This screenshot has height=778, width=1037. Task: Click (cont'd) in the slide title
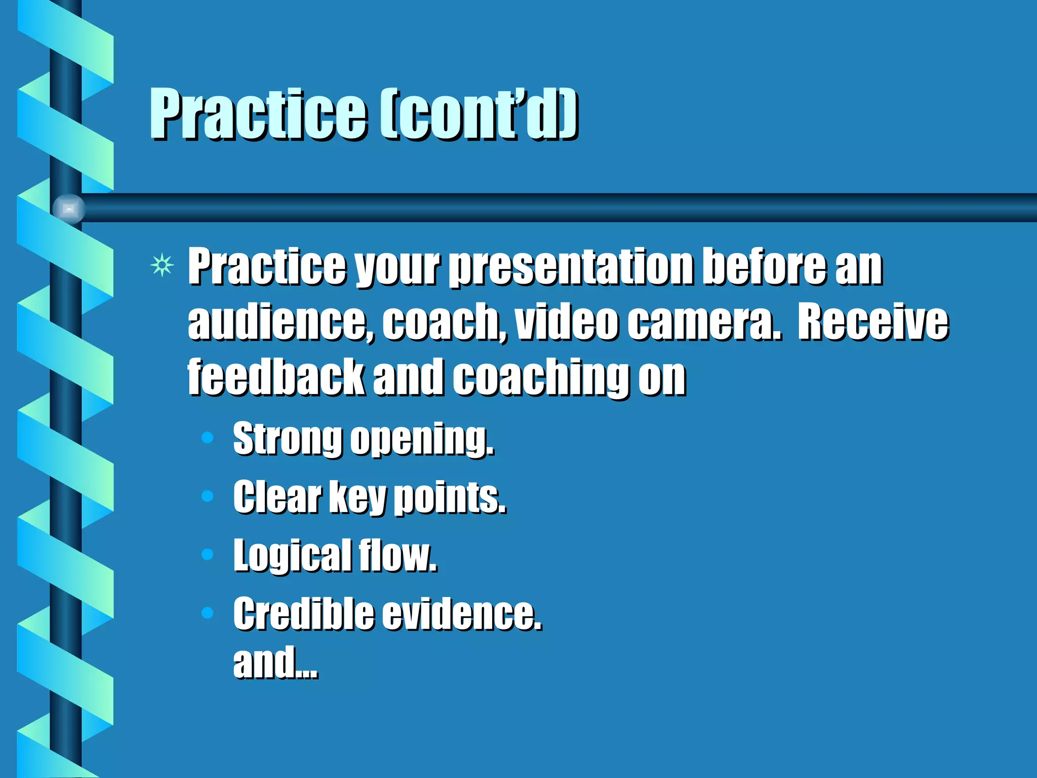point(478,114)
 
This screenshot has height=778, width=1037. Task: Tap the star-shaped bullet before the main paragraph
point(162,265)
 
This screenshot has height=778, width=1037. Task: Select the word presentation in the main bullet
point(572,267)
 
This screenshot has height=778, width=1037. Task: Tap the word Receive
point(872,322)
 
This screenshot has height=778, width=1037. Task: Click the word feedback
point(276,377)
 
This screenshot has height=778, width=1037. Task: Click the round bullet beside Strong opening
point(207,438)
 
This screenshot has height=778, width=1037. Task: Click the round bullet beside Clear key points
point(207,496)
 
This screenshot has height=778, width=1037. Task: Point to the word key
point(357,498)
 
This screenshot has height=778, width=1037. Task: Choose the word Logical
point(292,557)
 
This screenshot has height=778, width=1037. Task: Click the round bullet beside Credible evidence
point(207,613)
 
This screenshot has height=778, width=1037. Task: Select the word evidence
point(461,613)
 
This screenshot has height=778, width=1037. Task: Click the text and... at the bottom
point(275,662)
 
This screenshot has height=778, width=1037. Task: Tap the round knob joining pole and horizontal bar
point(69,209)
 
